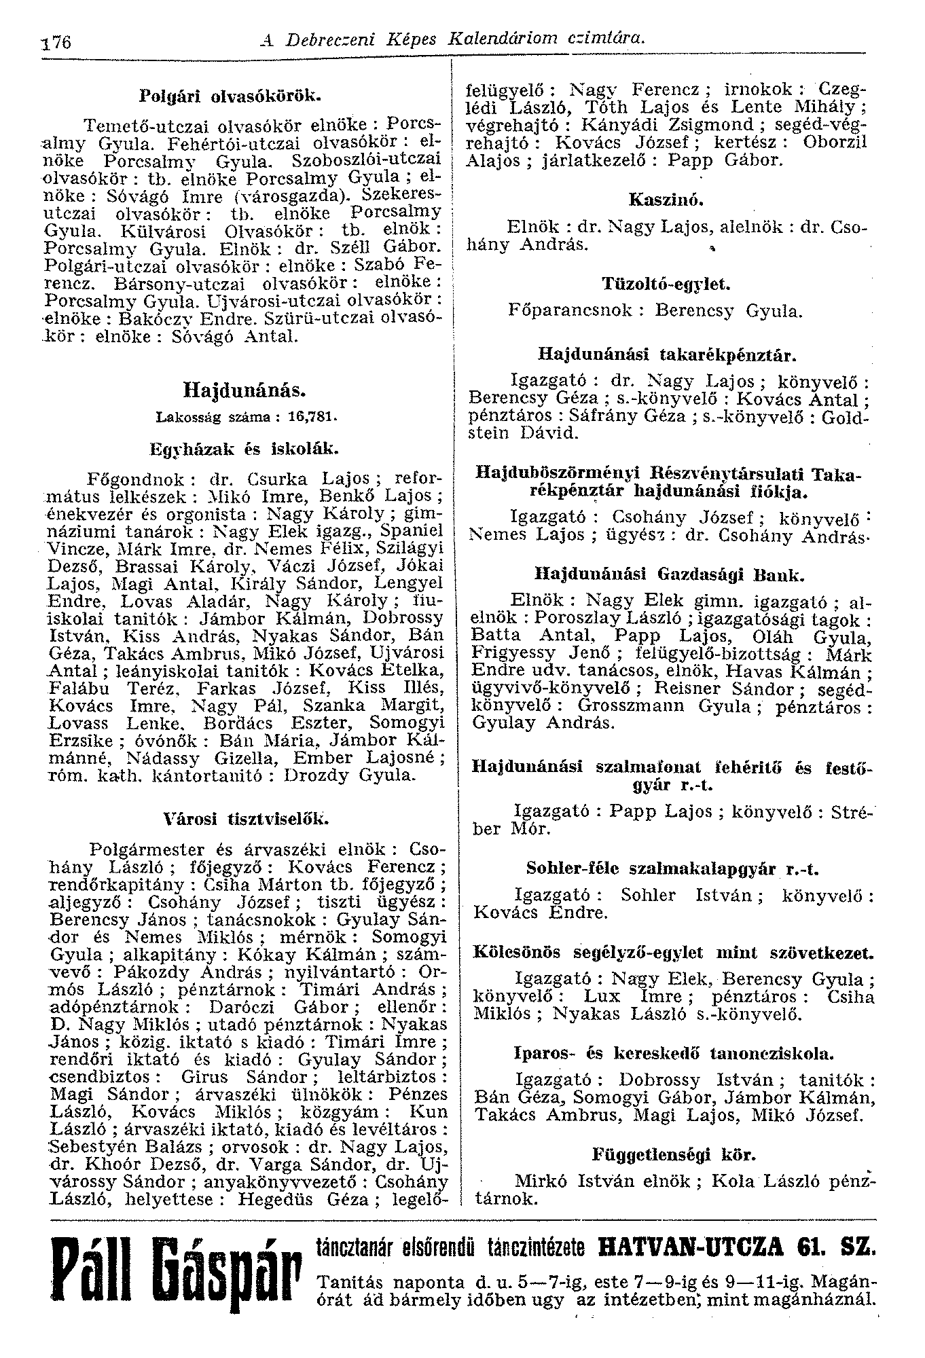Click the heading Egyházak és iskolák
tap(244, 448)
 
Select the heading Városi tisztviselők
tap(247, 819)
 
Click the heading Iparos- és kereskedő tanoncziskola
tap(673, 1053)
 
